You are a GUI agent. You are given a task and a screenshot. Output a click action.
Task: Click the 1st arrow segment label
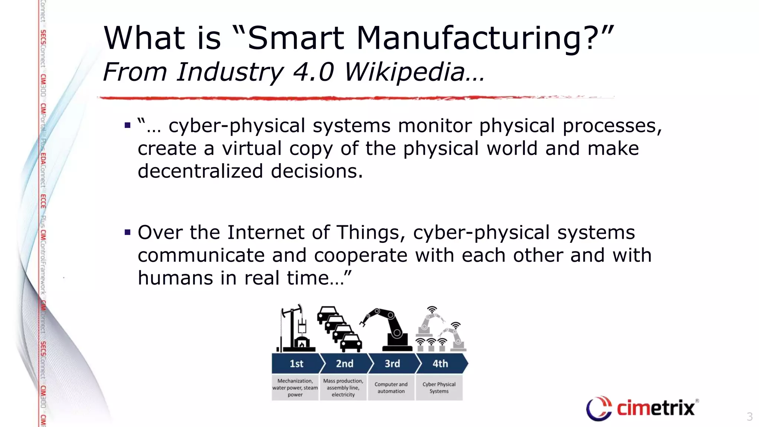(296, 364)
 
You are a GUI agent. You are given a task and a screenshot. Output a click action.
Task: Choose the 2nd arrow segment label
(345, 364)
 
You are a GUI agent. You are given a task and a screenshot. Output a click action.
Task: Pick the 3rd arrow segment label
(392, 364)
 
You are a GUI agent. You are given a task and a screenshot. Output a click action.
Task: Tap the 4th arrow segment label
(440, 364)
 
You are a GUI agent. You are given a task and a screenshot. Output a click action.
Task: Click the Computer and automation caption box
(391, 388)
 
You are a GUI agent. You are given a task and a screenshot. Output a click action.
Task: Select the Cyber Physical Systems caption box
(439, 388)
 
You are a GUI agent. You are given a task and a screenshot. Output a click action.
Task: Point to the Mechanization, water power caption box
(295, 388)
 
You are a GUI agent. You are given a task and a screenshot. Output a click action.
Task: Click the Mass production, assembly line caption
(343, 388)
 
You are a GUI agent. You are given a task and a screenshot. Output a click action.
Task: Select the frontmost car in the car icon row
(351, 343)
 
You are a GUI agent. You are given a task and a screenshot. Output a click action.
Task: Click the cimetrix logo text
(655, 408)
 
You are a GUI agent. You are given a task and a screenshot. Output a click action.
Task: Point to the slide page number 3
(749, 417)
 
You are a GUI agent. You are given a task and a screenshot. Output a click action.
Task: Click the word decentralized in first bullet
(200, 171)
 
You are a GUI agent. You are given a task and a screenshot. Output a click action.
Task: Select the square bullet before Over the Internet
(128, 233)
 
